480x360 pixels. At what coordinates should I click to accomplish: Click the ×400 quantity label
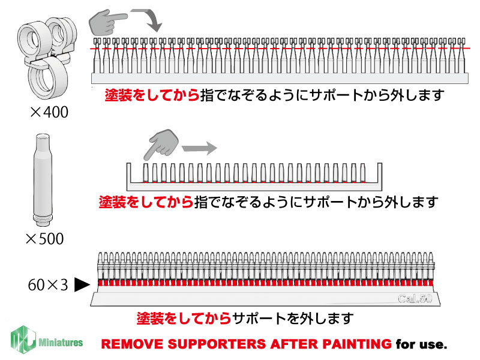[x=49, y=112]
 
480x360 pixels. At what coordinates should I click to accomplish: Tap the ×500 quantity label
[x=45, y=239]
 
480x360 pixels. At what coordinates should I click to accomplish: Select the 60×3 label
[x=48, y=285]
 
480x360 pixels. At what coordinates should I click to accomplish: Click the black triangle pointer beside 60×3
[x=82, y=284]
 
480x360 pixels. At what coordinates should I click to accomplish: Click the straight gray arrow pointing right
[x=199, y=148]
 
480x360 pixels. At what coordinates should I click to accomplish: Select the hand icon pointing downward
[x=161, y=144]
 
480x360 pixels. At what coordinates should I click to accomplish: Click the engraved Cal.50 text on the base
[x=415, y=298]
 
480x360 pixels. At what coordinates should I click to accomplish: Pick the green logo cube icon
[x=23, y=340]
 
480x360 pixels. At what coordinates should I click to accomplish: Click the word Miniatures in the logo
[x=61, y=342]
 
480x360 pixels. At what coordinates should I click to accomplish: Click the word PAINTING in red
[x=357, y=344]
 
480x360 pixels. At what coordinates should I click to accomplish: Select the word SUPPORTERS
[x=218, y=344]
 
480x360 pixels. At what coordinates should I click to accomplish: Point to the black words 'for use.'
[x=421, y=344]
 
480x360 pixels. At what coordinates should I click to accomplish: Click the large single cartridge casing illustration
[x=43, y=179]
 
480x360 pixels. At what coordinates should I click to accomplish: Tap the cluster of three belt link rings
[x=47, y=58]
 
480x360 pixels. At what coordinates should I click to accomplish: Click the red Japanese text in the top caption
[x=152, y=95]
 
